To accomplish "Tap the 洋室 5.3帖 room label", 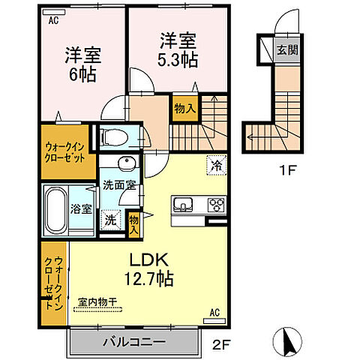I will click(x=178, y=49).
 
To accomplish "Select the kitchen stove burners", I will click(x=217, y=205).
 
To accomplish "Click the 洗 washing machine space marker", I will click(x=110, y=220).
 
